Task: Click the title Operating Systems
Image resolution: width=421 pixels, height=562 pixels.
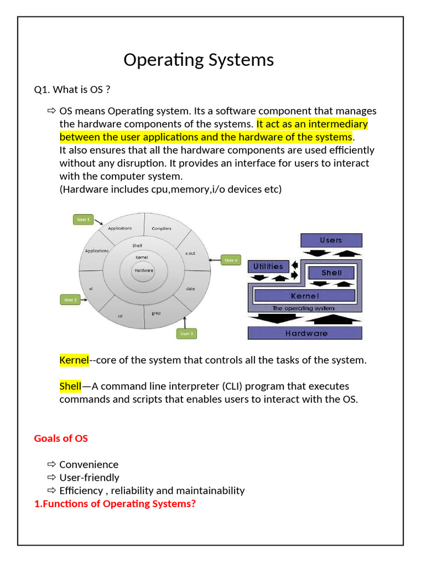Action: [x=198, y=59]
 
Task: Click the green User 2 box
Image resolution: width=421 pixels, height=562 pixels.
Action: [x=70, y=300]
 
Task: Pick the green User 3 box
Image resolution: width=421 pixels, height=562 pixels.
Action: [x=186, y=333]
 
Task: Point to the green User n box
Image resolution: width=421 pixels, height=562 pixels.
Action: [x=231, y=260]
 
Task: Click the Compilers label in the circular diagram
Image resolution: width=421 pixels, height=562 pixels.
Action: [x=161, y=228]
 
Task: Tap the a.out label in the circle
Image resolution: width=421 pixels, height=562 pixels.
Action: [x=190, y=253]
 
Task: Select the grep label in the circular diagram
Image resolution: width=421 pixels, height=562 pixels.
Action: [x=156, y=313]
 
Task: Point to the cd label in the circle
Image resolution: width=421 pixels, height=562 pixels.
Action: [x=120, y=316]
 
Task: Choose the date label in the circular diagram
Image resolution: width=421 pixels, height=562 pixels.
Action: [x=190, y=288]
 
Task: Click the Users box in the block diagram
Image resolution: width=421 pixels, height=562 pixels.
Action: [x=331, y=240]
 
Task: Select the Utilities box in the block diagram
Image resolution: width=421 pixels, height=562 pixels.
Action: [x=268, y=266]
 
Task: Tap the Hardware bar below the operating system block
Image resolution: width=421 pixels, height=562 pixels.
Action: [x=306, y=333]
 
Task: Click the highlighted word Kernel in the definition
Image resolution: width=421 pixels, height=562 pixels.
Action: [x=74, y=360]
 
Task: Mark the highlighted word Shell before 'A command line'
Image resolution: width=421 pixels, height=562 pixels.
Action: [x=70, y=386]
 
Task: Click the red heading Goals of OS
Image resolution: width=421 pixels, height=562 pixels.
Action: [x=61, y=438]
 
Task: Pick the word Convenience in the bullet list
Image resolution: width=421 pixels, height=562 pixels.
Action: [x=89, y=464]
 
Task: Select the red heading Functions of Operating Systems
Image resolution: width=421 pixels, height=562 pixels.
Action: [x=115, y=503]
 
